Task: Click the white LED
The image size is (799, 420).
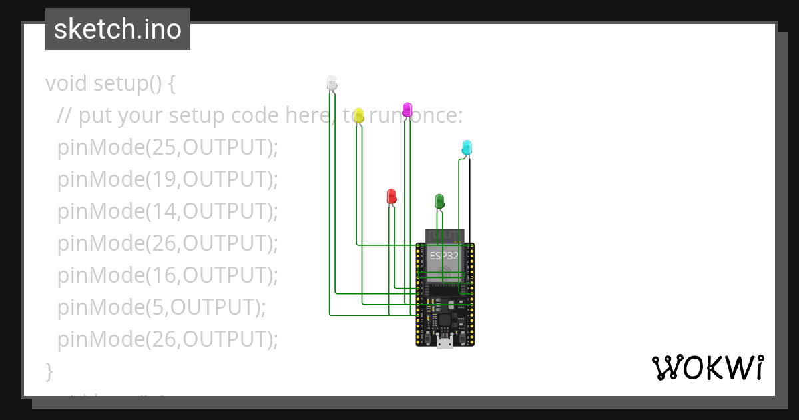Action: click(x=332, y=83)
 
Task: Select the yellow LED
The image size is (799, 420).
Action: click(x=358, y=115)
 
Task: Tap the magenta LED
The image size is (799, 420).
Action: click(x=407, y=109)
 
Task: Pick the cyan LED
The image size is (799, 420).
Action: click(x=467, y=147)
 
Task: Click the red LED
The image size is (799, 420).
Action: click(x=392, y=196)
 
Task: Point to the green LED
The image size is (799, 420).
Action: click(x=439, y=201)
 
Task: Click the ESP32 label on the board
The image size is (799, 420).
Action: click(x=444, y=255)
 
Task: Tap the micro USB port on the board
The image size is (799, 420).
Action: click(x=445, y=343)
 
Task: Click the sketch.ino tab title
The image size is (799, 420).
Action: click(x=118, y=29)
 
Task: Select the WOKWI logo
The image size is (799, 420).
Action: click(x=706, y=368)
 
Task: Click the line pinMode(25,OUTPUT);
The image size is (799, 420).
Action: click(x=167, y=147)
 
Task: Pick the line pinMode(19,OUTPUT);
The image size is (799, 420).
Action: click(x=167, y=179)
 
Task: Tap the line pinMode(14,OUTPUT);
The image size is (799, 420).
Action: click(x=167, y=211)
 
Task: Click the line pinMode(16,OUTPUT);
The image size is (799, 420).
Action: click(x=167, y=275)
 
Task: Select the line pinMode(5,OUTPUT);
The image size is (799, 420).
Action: click(x=161, y=307)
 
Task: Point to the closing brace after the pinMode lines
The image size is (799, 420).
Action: click(x=49, y=370)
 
